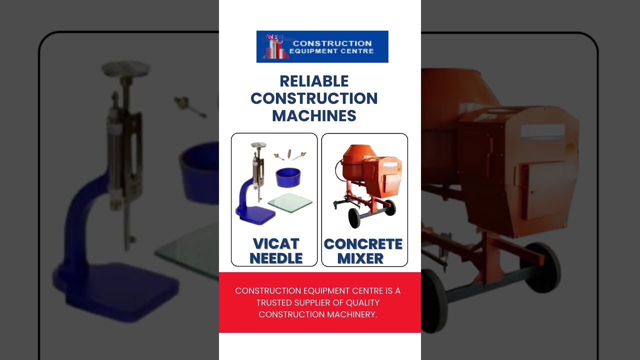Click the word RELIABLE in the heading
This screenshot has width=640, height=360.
[x=314, y=81]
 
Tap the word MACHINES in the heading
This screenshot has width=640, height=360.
[x=314, y=115]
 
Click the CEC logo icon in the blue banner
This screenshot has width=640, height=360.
[x=273, y=47]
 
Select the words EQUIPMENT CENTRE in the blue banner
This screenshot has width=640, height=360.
[x=331, y=51]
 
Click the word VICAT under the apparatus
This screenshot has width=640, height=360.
[x=275, y=243]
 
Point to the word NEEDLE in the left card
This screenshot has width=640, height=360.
[x=276, y=258]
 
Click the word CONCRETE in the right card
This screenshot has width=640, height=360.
[x=363, y=244]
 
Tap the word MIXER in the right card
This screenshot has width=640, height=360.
[x=360, y=258]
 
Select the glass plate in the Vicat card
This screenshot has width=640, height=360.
[x=290, y=202]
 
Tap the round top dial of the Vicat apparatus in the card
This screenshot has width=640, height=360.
[x=258, y=145]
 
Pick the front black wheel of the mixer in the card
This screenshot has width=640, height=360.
[x=355, y=218]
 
